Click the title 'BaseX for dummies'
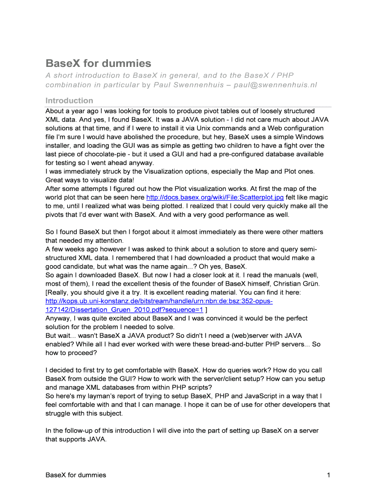(x=98, y=63)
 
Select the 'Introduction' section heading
(x=69, y=101)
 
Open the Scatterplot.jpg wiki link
(x=215, y=197)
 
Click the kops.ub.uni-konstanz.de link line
(x=159, y=301)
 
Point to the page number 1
(x=329, y=475)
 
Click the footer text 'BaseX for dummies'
(x=76, y=475)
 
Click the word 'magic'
(x=318, y=197)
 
